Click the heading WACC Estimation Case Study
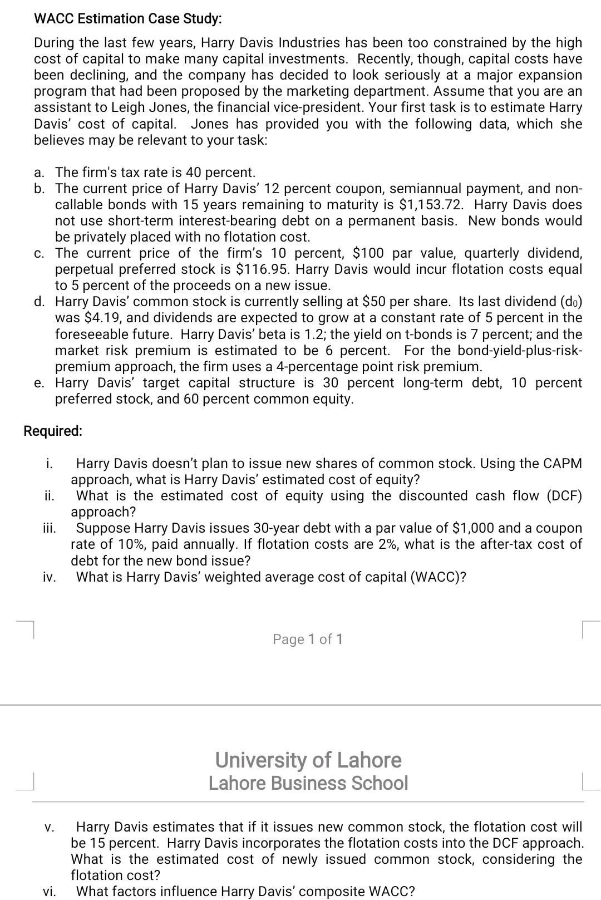click(127, 18)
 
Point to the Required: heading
click(53, 431)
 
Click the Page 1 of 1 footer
click(308, 639)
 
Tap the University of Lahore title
click(308, 760)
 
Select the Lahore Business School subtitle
click(308, 783)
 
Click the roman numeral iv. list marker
click(50, 577)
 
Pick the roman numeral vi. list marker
click(50, 891)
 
